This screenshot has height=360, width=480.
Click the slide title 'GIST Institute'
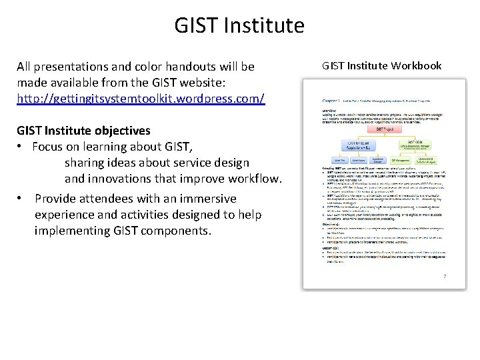239,26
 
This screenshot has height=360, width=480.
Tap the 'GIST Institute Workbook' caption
381,65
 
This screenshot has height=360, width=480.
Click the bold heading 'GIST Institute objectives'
83,130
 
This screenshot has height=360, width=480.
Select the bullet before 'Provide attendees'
22,199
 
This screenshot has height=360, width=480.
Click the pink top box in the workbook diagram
377,131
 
